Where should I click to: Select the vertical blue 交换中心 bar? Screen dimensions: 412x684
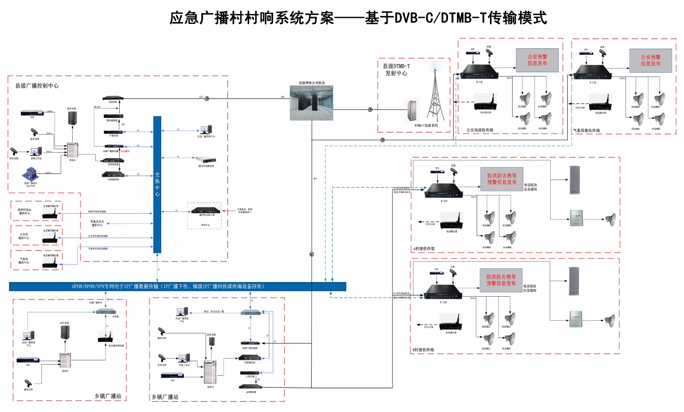point(157,184)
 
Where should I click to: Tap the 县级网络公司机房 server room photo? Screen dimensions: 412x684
point(311,103)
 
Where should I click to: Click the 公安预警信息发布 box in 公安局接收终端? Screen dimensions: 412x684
point(537,60)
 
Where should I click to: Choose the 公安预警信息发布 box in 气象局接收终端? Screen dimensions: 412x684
point(650,61)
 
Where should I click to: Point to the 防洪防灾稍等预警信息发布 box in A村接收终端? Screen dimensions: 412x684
point(502,179)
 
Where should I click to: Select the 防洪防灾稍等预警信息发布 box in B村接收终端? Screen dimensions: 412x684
point(501,280)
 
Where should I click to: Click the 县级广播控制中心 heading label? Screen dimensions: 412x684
point(37,86)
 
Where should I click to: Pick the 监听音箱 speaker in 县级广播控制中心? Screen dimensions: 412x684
point(72,118)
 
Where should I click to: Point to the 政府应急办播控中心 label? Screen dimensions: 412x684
point(24,212)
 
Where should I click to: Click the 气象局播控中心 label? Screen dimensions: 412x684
point(24,261)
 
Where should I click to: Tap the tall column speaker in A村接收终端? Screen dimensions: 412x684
point(575,180)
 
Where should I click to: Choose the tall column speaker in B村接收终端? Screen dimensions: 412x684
point(574,281)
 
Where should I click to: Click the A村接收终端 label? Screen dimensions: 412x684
point(424,249)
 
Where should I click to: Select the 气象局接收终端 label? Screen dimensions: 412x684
point(587,131)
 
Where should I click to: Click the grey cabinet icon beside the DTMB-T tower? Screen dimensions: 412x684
point(412,110)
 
